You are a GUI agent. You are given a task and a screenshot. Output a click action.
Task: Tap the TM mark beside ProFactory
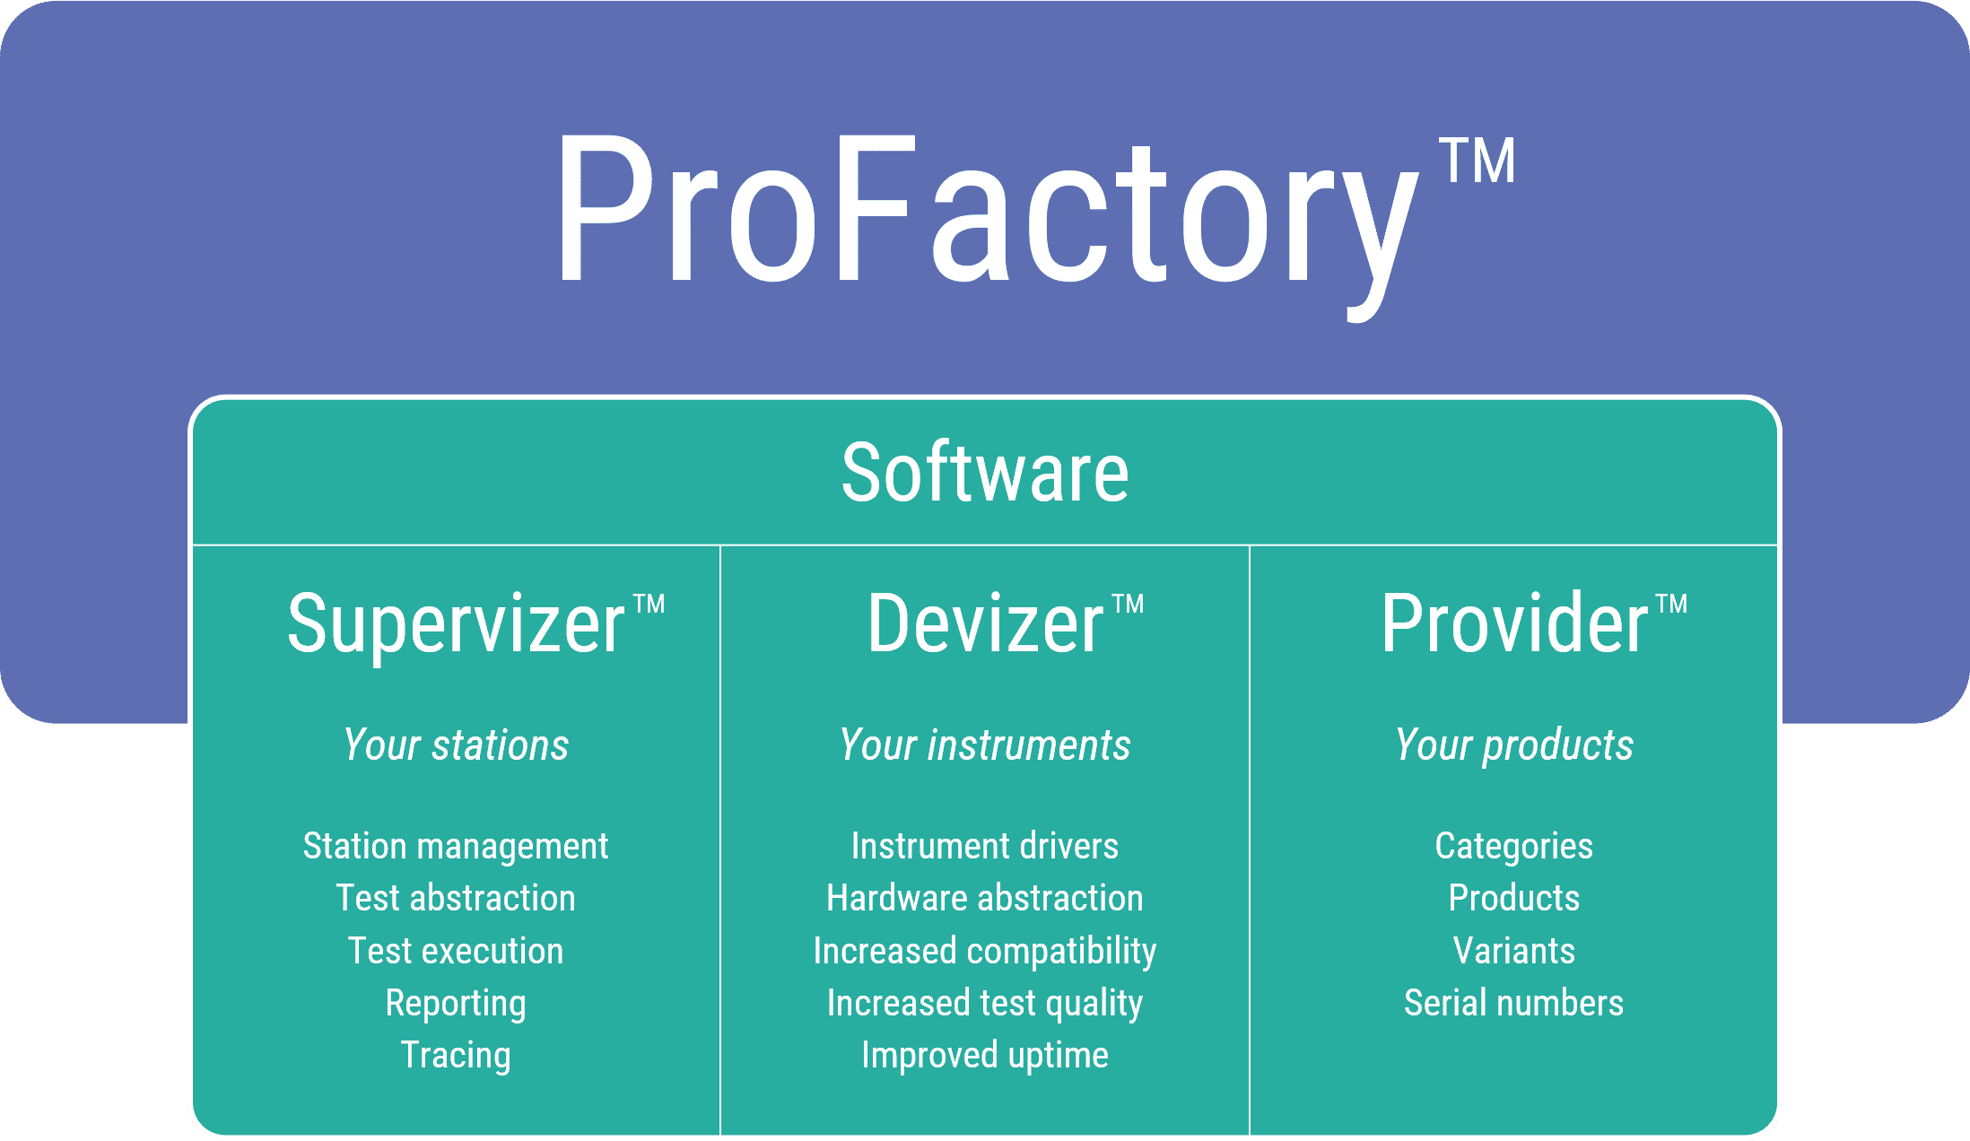tap(1477, 161)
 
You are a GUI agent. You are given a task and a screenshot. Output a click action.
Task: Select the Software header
tap(985, 473)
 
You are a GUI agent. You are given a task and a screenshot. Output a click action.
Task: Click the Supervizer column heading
tap(456, 623)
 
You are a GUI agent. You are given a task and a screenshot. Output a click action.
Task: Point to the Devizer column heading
tap(985, 623)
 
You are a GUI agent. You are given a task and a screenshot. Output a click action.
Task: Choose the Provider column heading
tap(1514, 623)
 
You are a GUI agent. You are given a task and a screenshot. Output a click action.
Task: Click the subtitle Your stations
tap(456, 745)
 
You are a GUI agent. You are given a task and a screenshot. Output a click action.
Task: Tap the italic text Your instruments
tap(985, 745)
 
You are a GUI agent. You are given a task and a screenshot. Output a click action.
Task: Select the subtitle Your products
tap(1514, 745)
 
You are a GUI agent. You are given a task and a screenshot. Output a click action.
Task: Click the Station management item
tap(456, 846)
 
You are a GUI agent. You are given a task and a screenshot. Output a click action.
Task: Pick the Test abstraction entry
tap(456, 898)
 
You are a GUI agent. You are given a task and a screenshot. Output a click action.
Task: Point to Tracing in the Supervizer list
tap(456, 1055)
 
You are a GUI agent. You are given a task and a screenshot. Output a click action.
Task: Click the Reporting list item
tap(456, 1003)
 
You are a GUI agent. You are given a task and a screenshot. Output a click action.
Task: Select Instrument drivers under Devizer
tap(985, 846)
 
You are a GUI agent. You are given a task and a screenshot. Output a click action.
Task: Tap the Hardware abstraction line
tap(985, 898)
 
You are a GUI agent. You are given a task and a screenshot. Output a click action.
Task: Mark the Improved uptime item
tap(985, 1055)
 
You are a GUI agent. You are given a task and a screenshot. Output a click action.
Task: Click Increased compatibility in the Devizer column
tap(985, 951)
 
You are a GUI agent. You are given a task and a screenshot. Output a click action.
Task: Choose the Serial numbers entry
tap(1514, 1003)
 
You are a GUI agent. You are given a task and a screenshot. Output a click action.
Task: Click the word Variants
tap(1514, 951)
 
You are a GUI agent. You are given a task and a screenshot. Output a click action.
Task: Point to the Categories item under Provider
tap(1514, 846)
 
